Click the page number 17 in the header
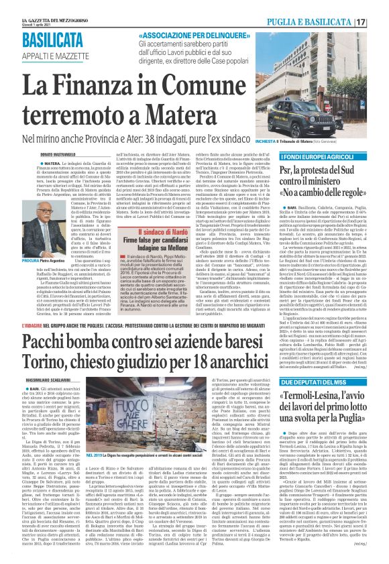tap(379, 22)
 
